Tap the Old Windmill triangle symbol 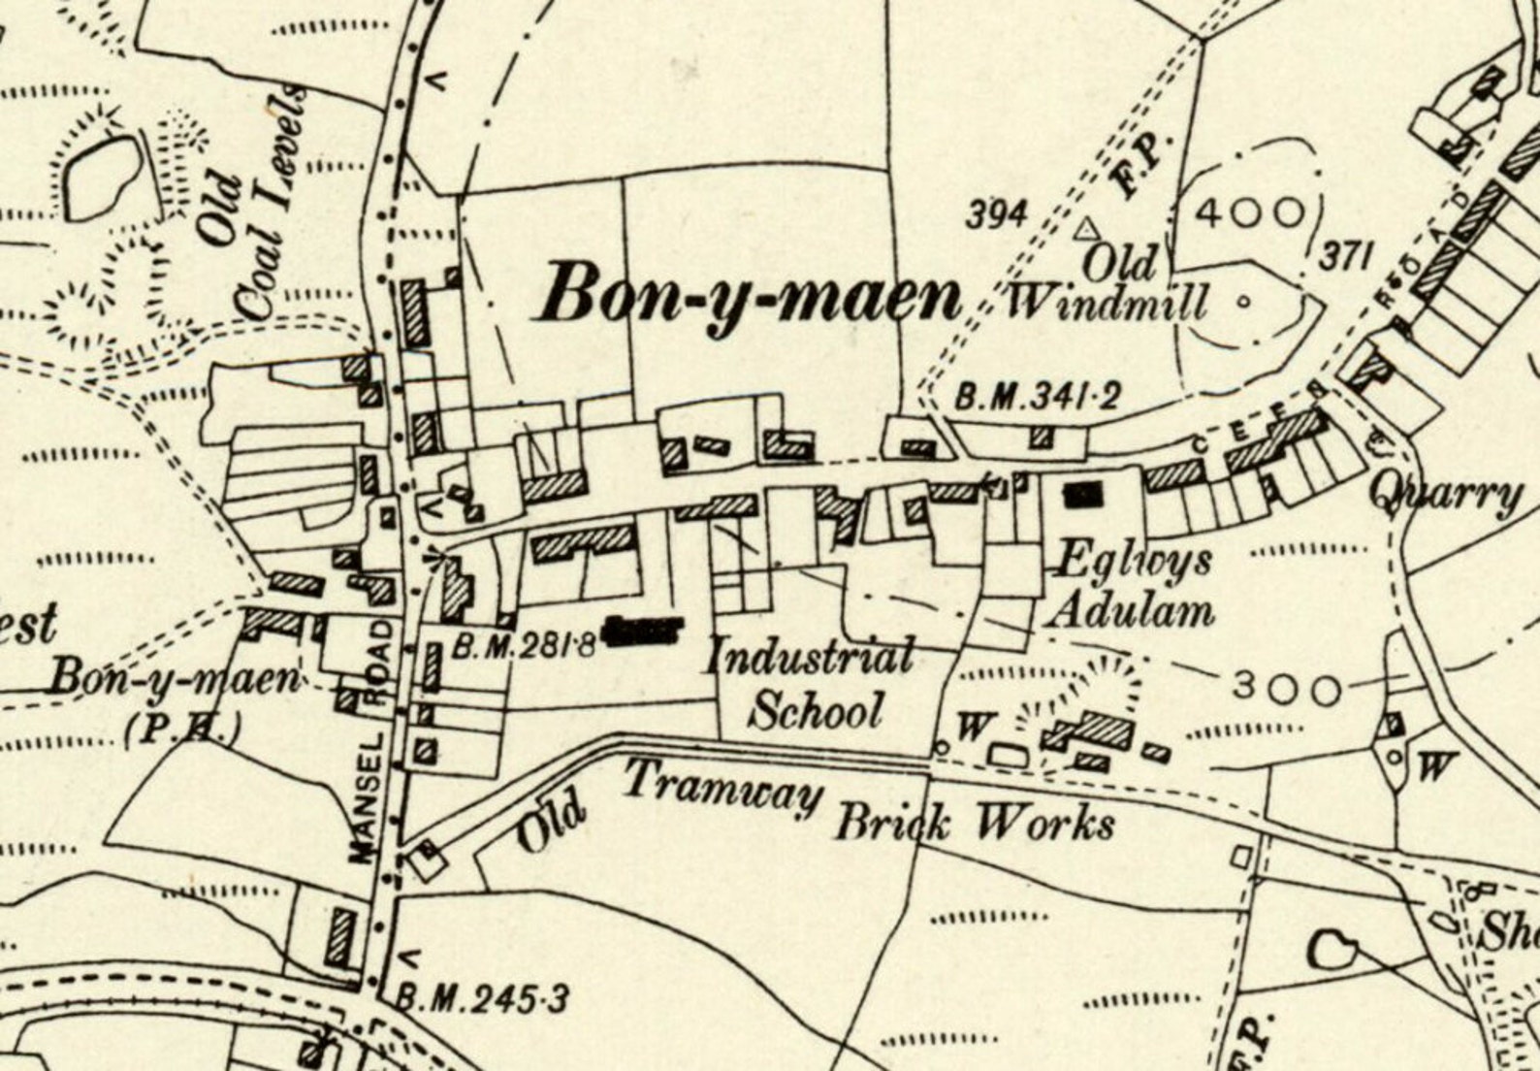1087,229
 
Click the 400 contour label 1250,211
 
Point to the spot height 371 1346,257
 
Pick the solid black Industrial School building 645,632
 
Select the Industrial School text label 810,684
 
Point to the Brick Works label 975,825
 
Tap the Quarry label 1445,495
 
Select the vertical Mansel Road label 371,742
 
